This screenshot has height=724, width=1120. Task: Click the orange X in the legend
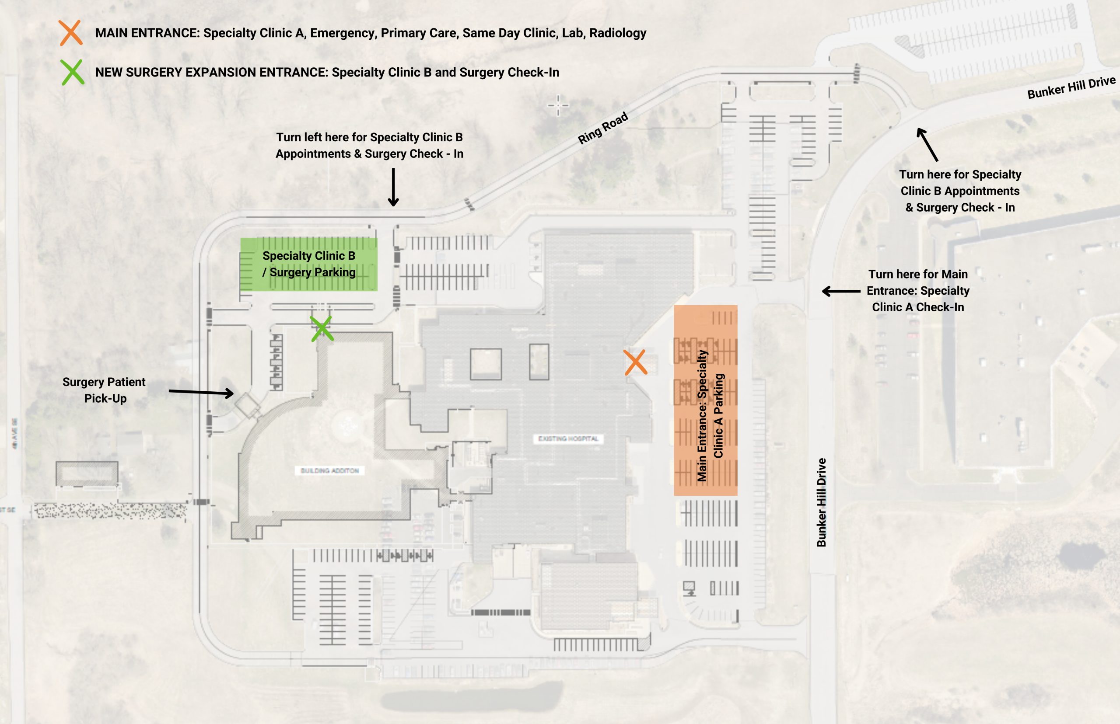[71, 33]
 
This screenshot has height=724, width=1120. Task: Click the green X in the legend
[73, 72]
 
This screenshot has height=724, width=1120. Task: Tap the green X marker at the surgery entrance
[322, 328]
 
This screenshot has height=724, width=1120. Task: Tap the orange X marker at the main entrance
[636, 362]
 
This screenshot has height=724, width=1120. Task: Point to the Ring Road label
[602, 128]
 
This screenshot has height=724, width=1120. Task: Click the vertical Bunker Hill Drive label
[821, 502]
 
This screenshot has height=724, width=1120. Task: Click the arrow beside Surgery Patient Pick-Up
[201, 392]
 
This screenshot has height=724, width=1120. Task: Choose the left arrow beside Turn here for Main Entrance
[841, 292]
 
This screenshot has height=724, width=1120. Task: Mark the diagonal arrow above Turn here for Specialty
[927, 144]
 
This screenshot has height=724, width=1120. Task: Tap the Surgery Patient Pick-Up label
[104, 390]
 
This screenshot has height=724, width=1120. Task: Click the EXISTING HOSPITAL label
[568, 439]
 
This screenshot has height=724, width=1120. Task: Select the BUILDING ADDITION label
[330, 470]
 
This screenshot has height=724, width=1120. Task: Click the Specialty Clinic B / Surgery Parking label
[309, 264]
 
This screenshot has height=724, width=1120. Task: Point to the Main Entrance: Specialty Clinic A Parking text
[710, 416]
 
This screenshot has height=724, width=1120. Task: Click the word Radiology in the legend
[618, 33]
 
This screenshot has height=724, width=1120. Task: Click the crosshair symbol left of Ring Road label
[558, 105]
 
